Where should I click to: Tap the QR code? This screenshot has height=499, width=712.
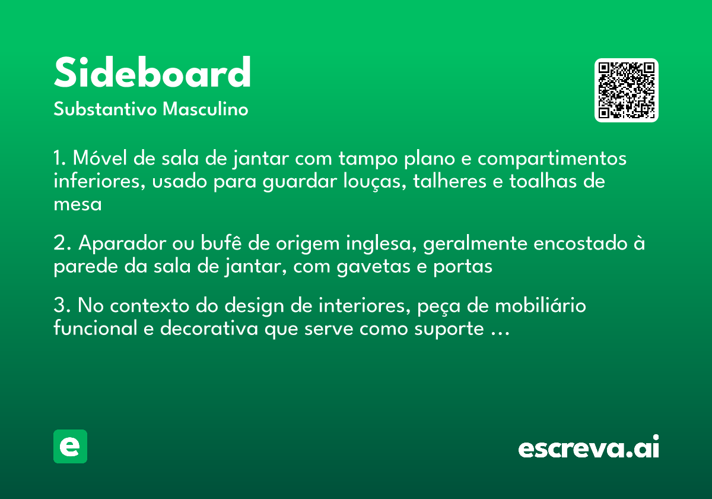tap(627, 90)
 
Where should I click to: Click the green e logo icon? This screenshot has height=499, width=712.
tap(70, 446)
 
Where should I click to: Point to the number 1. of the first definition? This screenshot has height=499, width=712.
tap(59, 159)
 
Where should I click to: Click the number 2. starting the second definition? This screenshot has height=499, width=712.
tap(62, 244)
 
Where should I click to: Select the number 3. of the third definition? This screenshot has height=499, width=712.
tap(62, 306)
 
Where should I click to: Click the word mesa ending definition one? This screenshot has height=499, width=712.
tap(77, 204)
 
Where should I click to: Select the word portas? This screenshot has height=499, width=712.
tap(463, 267)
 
